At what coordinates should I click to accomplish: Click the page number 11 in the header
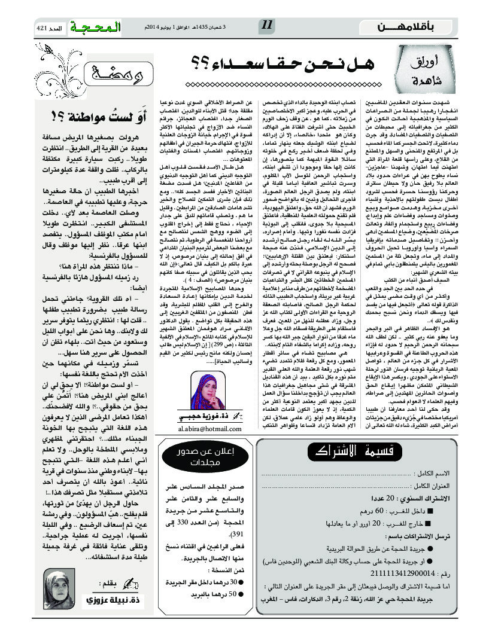coord(267,26)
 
